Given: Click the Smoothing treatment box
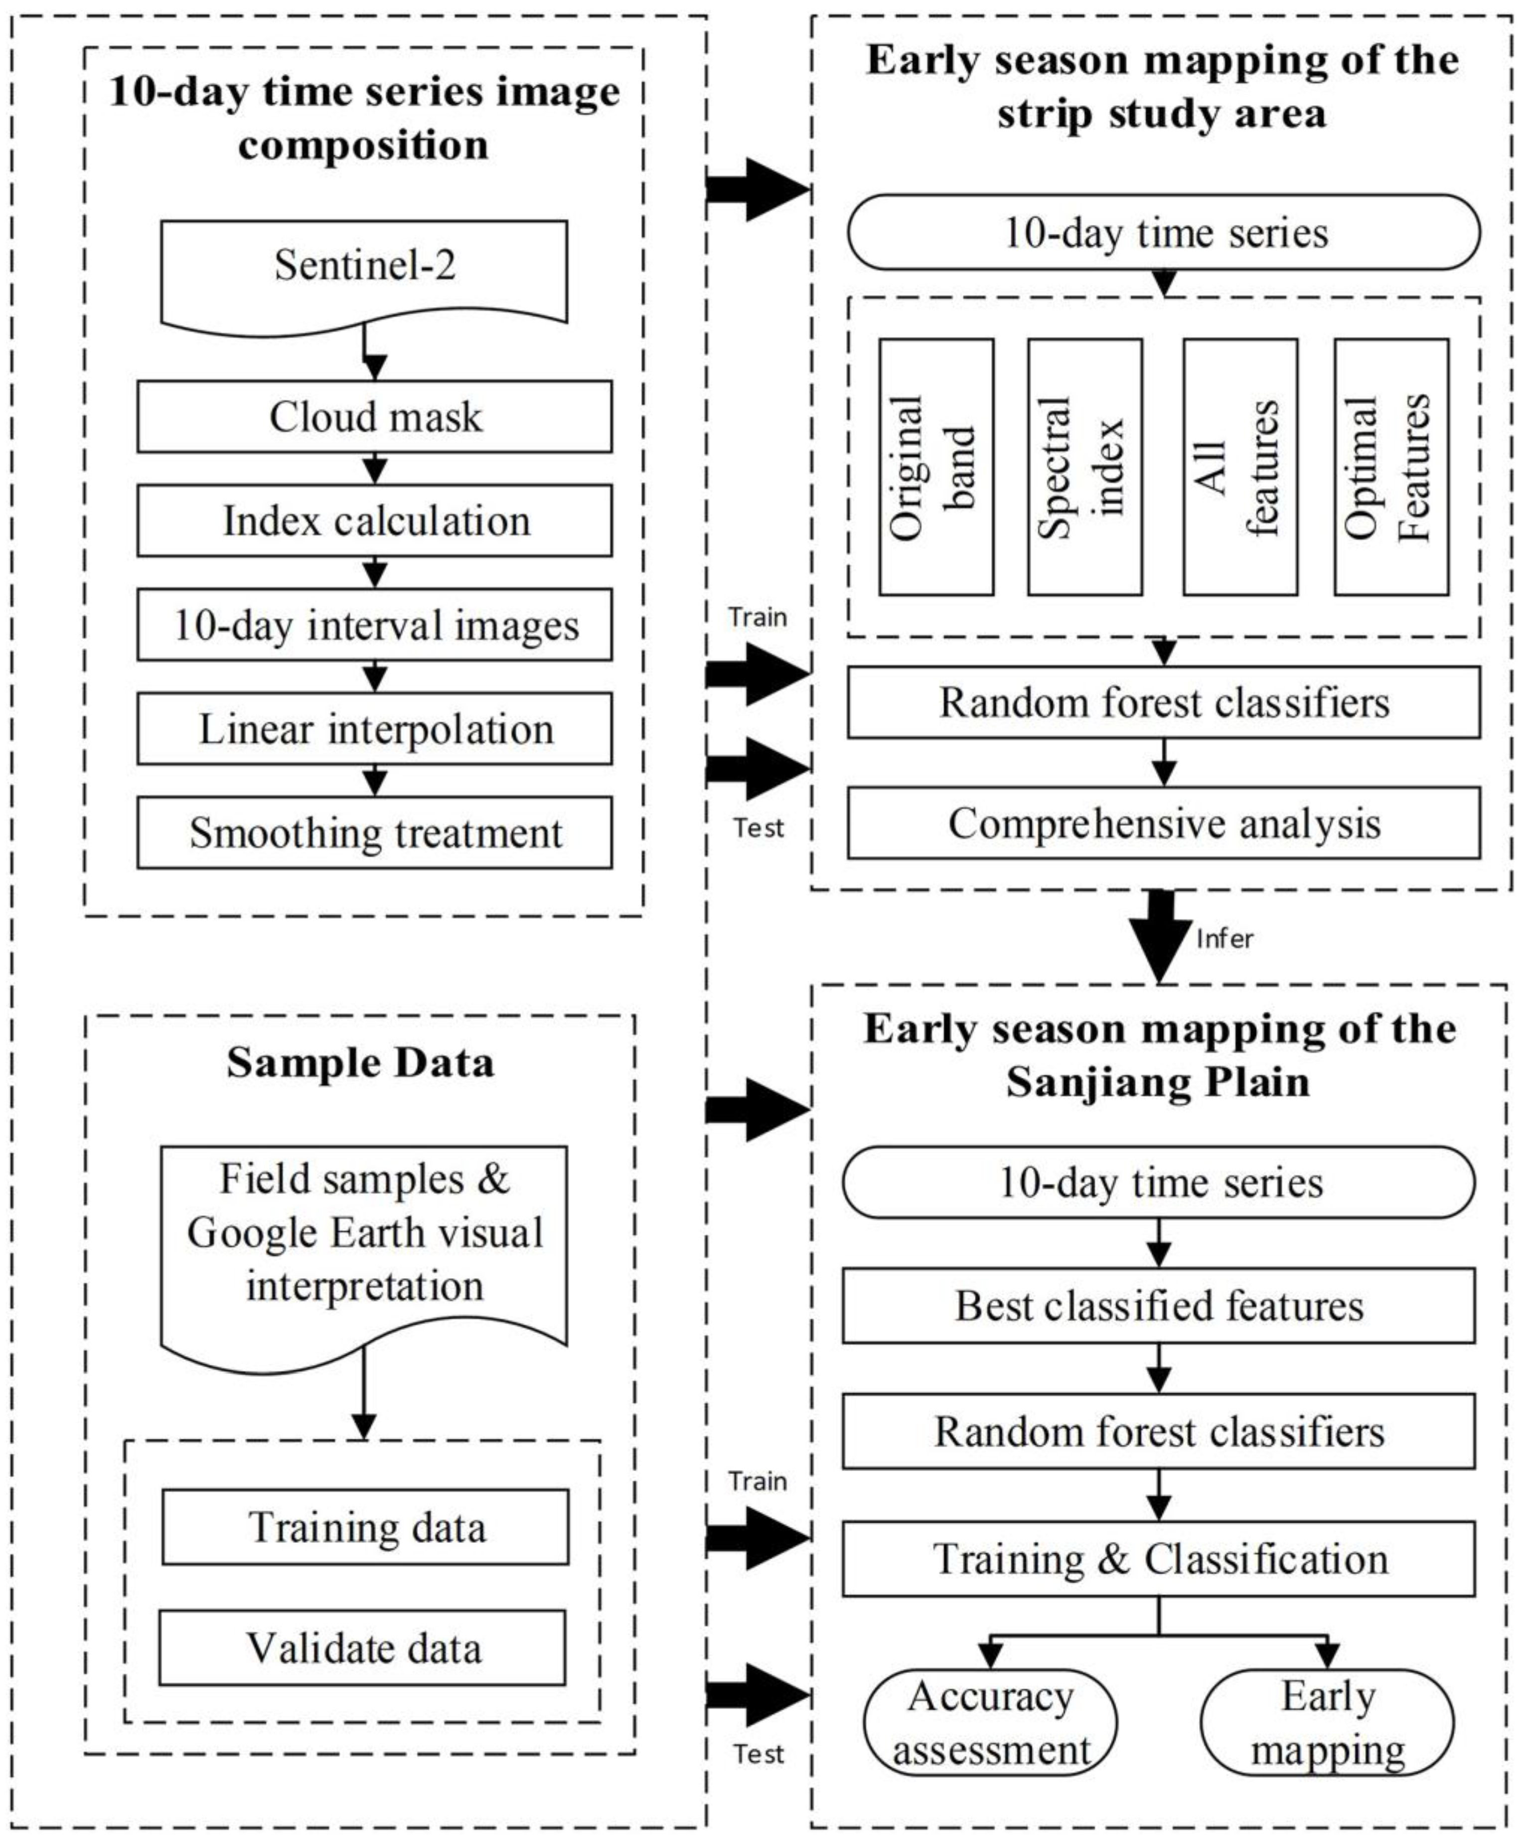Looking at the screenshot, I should coord(374,834).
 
